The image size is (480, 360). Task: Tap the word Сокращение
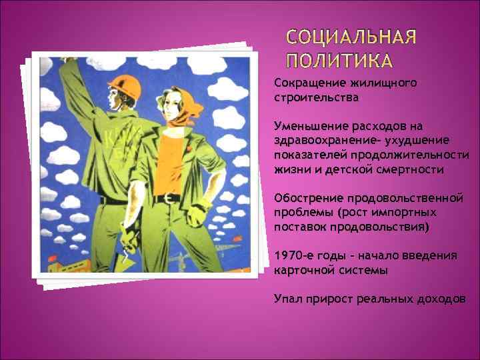307,83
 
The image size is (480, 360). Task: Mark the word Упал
287,299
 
